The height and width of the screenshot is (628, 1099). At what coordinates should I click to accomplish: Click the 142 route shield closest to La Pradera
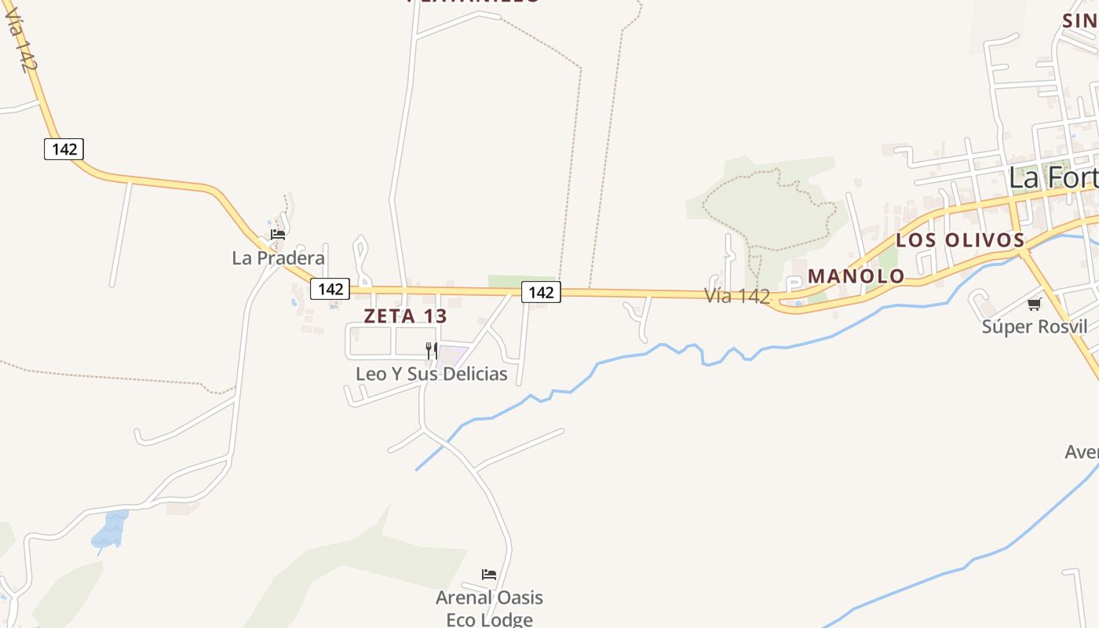[x=330, y=289]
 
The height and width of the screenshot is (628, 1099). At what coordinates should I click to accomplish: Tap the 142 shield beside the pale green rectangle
[x=541, y=293]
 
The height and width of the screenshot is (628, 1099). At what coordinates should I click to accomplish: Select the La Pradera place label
[x=278, y=258]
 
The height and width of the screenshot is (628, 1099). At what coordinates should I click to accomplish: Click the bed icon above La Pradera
[x=278, y=235]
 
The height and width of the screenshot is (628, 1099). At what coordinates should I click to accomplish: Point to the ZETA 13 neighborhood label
[x=405, y=316]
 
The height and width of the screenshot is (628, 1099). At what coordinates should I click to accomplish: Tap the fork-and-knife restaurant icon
[x=431, y=350]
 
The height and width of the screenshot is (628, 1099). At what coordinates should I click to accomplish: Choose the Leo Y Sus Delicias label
[x=432, y=374]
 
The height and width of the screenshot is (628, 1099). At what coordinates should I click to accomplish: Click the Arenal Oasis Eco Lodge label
[x=489, y=608]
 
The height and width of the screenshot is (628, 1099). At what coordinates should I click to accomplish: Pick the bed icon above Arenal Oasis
[x=489, y=575]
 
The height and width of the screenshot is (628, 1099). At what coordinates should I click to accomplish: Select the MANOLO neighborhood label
[x=856, y=276]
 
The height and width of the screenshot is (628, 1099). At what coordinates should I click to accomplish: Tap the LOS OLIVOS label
[x=960, y=240]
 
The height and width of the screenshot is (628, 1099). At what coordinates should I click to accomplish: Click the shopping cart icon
[x=1034, y=305]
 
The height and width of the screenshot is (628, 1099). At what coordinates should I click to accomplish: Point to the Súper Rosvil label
[x=1035, y=327]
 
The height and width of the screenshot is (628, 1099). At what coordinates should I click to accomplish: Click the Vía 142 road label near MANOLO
[x=736, y=296]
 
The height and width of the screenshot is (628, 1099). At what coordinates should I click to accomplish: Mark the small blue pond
[x=110, y=530]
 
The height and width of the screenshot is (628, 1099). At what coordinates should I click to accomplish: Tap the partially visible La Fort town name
[x=1052, y=177]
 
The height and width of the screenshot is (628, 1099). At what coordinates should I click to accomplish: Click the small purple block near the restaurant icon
[x=451, y=355]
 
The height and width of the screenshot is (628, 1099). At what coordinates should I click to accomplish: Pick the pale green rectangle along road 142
[x=511, y=281]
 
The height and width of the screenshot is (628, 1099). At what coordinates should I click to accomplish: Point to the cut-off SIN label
[x=1080, y=21]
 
